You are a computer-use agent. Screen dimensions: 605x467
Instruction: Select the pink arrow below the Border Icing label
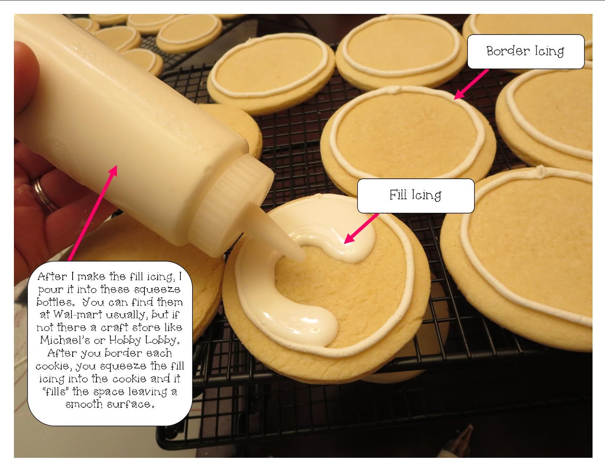[x=471, y=84]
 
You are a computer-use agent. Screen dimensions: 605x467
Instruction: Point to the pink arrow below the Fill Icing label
[x=361, y=228]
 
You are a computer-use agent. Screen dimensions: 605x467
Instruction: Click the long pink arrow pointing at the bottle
[x=93, y=213]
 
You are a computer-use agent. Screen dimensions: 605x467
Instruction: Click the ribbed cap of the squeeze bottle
[x=231, y=204]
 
